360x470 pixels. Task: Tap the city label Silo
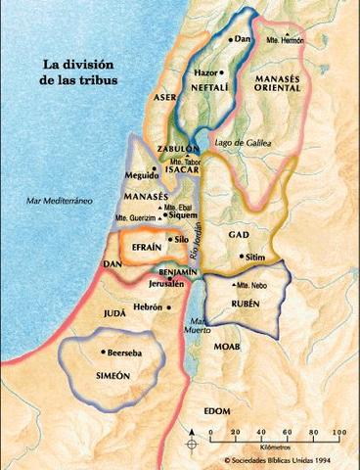click(x=179, y=239)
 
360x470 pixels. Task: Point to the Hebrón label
click(x=148, y=306)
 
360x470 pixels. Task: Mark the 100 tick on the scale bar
click(x=338, y=432)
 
